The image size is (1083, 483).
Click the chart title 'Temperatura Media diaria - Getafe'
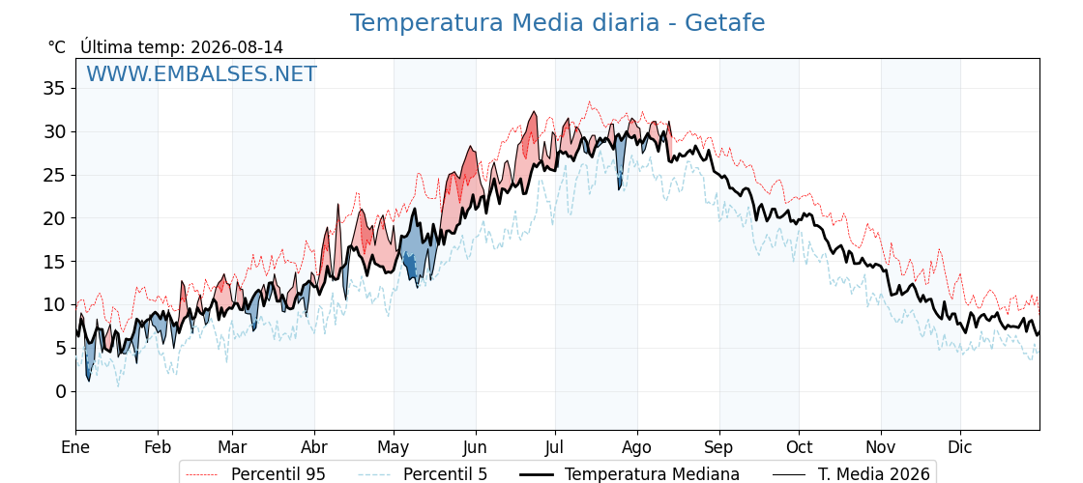(557, 23)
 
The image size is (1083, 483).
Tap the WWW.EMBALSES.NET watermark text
(202, 73)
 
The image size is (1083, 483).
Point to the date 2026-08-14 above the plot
(237, 47)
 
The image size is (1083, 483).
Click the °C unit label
(57, 47)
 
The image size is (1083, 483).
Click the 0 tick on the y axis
(61, 391)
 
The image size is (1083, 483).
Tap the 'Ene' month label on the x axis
(75, 448)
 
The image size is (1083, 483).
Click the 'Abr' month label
(314, 448)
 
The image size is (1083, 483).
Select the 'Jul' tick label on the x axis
(555, 448)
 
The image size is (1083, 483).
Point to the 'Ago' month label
(637, 448)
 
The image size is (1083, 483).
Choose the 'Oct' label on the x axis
(799, 448)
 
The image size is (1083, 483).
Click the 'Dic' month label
(960, 448)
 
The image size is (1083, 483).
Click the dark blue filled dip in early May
(409, 266)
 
